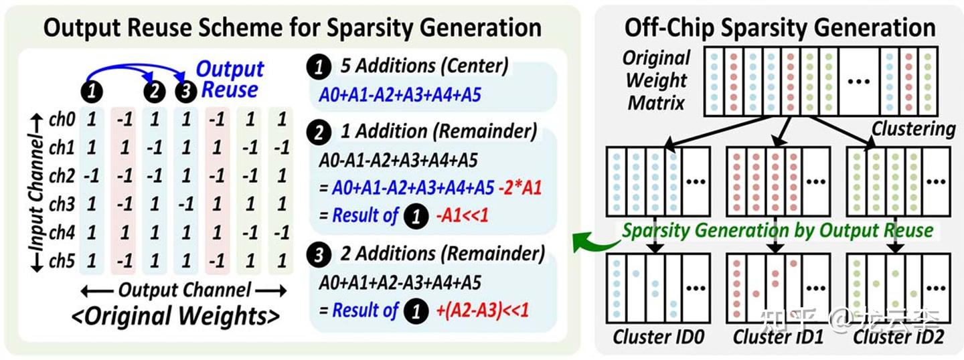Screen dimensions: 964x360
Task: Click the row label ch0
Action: click(x=62, y=119)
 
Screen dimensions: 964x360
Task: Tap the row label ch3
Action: click(x=62, y=204)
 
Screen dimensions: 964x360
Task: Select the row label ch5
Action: click(x=62, y=261)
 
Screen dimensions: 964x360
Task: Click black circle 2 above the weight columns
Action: click(x=155, y=91)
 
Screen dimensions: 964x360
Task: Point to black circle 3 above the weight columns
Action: click(x=186, y=91)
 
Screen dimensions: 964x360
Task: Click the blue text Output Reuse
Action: click(x=230, y=80)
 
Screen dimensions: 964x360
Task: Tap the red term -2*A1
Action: click(x=520, y=188)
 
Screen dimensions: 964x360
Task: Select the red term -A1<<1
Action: click(x=463, y=215)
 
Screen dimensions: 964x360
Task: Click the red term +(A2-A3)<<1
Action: click(x=483, y=310)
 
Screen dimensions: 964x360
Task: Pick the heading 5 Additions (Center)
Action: click(x=424, y=66)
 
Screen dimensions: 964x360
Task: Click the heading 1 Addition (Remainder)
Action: click(x=438, y=131)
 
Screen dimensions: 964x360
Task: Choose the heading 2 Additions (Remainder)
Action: click(x=443, y=254)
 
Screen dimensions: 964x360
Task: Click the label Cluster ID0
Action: click(x=659, y=337)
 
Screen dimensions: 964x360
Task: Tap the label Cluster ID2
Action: click(x=898, y=337)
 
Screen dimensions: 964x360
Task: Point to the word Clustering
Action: click(x=914, y=129)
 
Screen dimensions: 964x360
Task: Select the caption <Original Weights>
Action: click(x=175, y=317)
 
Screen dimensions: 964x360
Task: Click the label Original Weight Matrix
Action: click(x=656, y=80)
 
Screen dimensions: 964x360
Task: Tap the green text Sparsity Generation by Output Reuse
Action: click(x=778, y=231)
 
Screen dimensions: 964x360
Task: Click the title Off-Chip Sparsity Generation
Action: click(x=780, y=28)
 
